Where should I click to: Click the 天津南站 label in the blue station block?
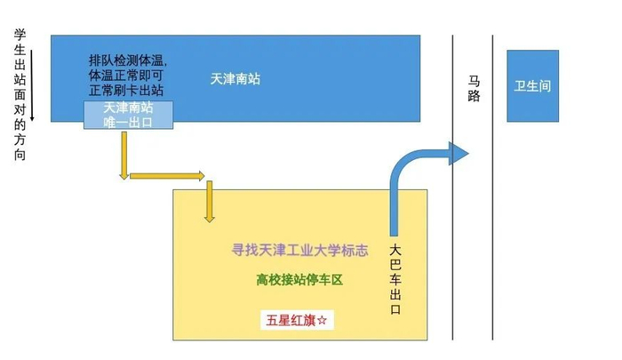coord(235,79)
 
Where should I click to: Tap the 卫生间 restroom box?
coord(532,86)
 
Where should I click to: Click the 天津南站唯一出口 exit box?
coord(128,115)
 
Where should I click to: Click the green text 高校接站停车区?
coord(299,279)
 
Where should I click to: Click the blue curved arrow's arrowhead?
coord(458,154)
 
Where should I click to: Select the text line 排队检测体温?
coord(127,60)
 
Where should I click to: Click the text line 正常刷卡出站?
coord(127,90)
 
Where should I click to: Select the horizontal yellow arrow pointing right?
coord(168,175)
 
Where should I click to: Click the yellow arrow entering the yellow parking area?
coord(210,203)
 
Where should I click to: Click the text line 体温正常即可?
coord(127,76)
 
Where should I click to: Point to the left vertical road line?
coord(454,187)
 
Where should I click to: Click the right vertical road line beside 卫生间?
coord(493,187)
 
